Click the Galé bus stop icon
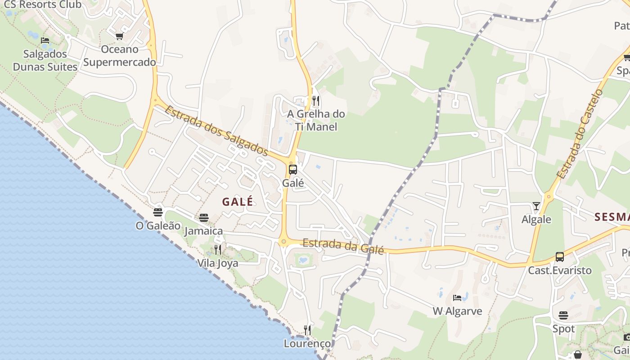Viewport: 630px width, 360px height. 293,170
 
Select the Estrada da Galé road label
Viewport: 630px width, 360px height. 343,246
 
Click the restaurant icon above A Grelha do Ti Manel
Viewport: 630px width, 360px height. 316,100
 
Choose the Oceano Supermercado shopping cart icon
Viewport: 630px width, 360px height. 119,36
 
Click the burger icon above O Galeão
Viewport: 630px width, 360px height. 158,212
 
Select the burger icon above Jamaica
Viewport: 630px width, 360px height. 204,218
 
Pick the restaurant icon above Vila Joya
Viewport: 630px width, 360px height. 218,250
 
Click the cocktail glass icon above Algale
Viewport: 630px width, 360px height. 536,206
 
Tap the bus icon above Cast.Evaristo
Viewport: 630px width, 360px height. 559,257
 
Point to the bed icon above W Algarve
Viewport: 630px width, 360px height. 457,298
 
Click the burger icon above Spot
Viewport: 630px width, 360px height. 563,315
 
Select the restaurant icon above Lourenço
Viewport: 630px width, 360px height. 307,330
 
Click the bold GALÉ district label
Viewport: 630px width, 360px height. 238,202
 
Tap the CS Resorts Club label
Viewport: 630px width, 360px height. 43,5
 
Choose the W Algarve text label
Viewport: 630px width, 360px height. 457,311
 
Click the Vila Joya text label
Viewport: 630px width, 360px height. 218,263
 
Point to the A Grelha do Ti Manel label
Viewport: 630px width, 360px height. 316,120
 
